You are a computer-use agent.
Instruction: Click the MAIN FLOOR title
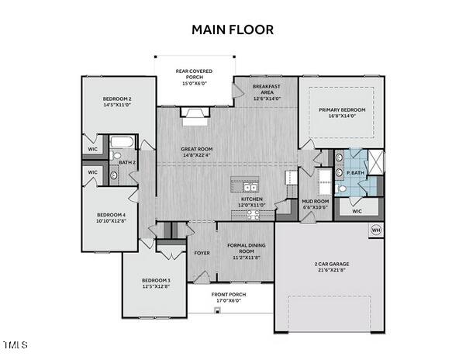[233, 29]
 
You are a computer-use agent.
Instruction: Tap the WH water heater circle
[376, 230]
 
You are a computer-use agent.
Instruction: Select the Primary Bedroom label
[342, 113]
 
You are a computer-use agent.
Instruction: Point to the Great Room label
[197, 152]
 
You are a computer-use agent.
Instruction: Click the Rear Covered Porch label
[194, 78]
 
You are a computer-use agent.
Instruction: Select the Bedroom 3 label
[156, 283]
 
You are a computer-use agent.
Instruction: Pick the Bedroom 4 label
[110, 218]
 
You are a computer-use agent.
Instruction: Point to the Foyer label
[202, 252]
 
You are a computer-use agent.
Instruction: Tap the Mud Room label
[316, 203]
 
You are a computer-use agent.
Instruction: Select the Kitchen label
[252, 202]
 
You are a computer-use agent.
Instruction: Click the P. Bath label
[356, 173]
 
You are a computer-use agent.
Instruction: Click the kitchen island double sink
[250, 187]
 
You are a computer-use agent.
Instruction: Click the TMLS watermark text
[16, 344]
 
